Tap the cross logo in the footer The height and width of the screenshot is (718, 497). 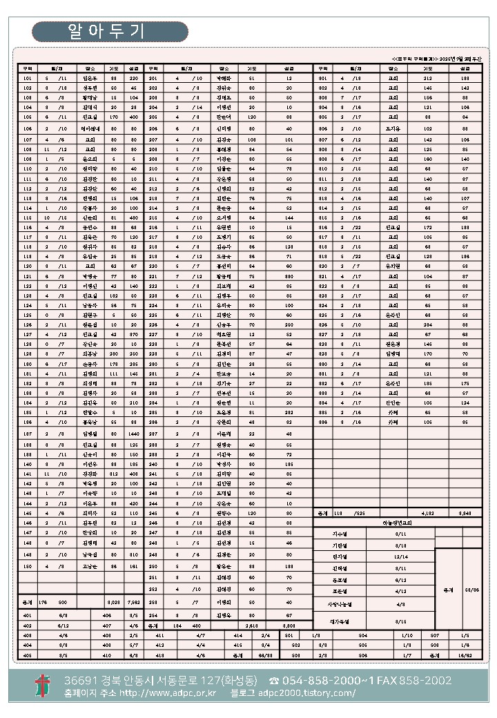[x=43, y=686]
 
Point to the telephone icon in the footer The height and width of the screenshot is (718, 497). [x=274, y=681]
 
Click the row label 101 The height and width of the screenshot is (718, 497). [x=28, y=79]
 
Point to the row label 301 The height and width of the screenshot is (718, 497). [x=322, y=79]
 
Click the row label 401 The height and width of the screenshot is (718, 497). [x=28, y=614]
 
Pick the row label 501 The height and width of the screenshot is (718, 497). [x=289, y=634]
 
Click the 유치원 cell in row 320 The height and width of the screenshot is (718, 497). [x=393, y=265]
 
